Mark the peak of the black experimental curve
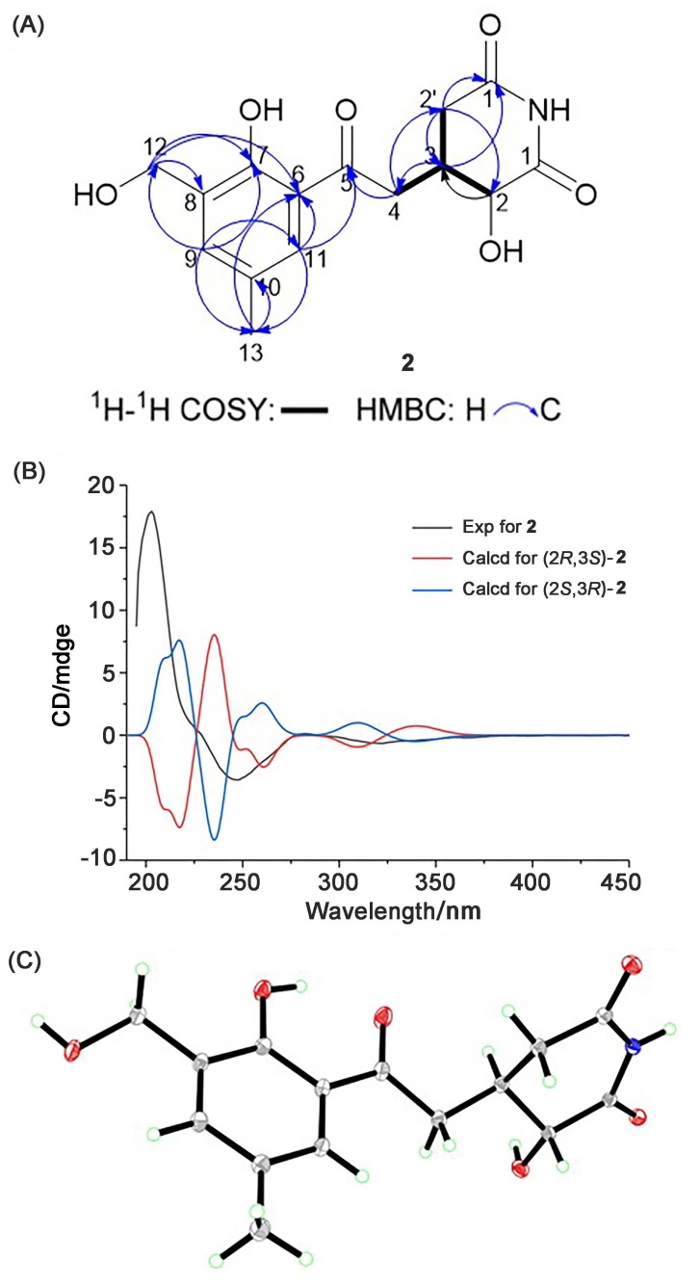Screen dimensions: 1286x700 point(151,512)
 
